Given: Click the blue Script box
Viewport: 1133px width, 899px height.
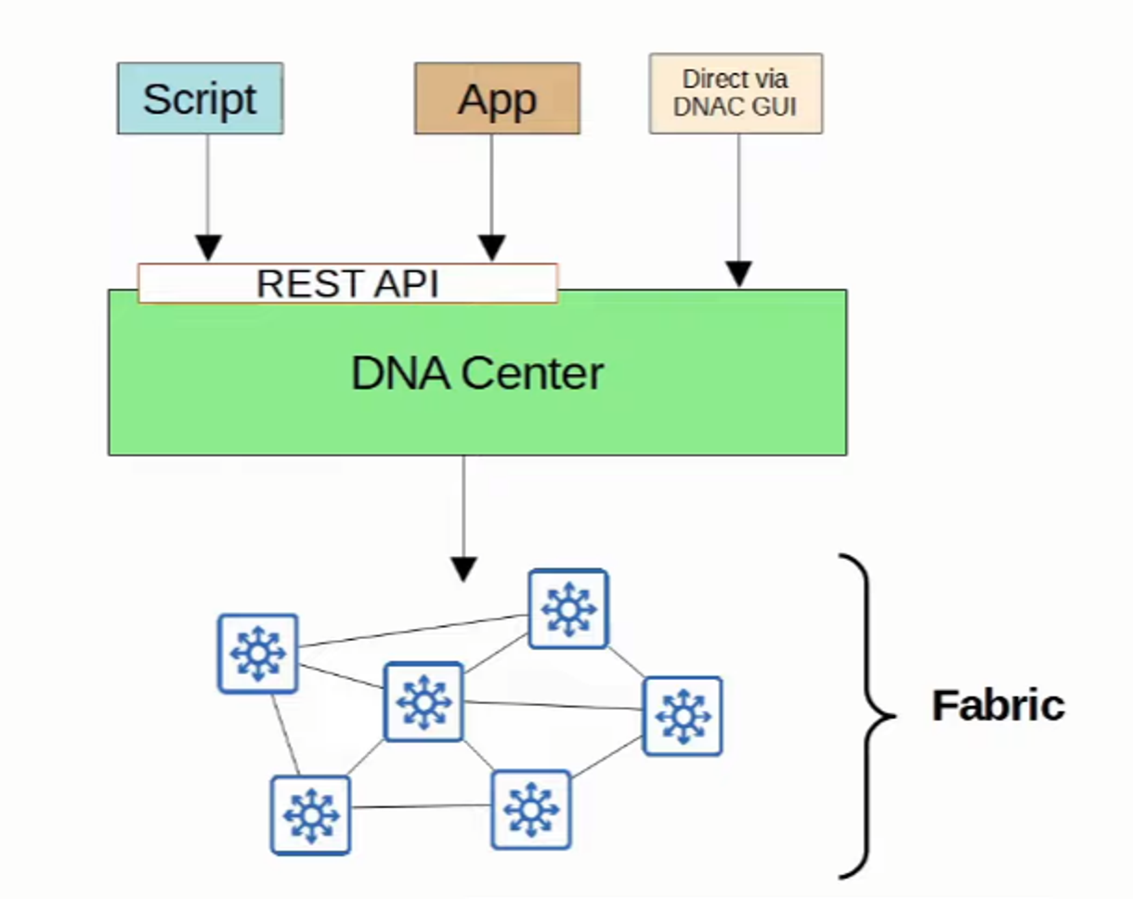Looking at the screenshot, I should [200, 98].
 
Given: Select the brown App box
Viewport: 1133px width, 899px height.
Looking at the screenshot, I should [497, 98].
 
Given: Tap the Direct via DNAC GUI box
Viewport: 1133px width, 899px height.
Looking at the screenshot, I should [736, 93].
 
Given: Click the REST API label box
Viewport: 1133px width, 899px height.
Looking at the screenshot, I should [347, 283].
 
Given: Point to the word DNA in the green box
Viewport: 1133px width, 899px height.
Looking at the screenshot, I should [400, 373].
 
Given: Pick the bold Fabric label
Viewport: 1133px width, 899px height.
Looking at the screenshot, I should [997, 706].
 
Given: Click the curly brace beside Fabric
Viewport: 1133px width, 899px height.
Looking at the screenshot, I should [868, 715].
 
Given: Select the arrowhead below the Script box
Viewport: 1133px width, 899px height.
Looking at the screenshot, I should [209, 249].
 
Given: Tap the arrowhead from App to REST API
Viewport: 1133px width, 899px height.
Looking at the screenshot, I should [492, 249].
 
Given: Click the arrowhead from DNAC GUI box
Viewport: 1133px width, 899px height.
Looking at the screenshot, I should [738, 275].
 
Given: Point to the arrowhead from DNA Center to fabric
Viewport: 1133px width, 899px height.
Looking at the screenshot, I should [463, 568].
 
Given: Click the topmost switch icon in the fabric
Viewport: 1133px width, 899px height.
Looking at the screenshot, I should [568, 608].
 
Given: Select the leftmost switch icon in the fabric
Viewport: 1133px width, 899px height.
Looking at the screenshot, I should [258, 653].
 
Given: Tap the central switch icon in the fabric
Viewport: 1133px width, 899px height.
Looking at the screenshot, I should [423, 701].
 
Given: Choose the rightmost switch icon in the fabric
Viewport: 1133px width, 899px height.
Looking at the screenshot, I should [683, 716].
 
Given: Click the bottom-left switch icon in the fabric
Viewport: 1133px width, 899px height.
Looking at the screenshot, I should [310, 814].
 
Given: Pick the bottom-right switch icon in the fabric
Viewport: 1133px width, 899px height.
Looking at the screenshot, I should [530, 809].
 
